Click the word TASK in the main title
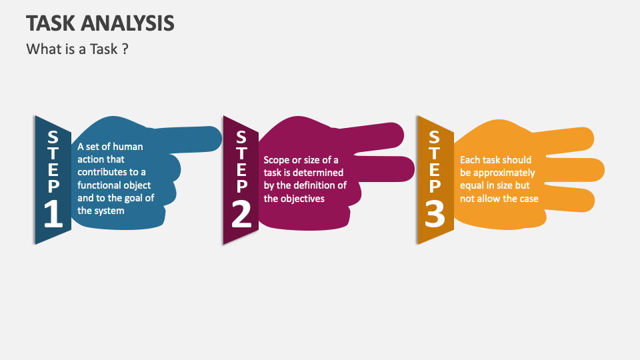(x=52, y=23)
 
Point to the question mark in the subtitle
(x=125, y=49)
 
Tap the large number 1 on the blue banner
(x=53, y=215)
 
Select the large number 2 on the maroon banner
(x=241, y=215)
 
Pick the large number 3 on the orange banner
(x=435, y=215)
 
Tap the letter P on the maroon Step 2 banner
(x=241, y=187)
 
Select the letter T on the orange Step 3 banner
(x=435, y=153)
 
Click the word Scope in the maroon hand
(x=277, y=160)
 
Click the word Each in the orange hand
(x=470, y=160)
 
